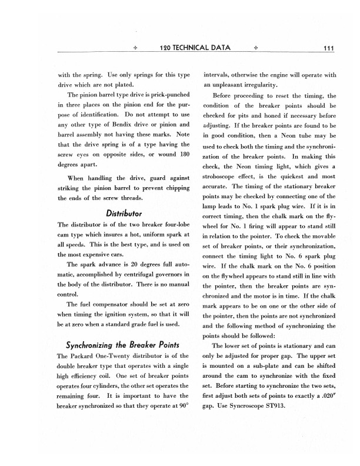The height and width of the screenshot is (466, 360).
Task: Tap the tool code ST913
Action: tap(281, 410)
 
